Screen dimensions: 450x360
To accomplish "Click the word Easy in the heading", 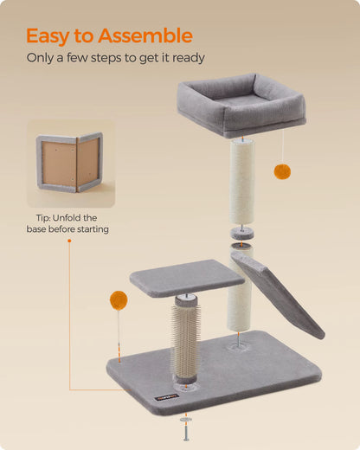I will (x=55, y=36).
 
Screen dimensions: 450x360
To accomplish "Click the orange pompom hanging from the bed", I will (x=282, y=171).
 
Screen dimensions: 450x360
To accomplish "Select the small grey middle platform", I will (x=186, y=278).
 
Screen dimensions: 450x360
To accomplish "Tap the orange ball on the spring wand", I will (x=118, y=301).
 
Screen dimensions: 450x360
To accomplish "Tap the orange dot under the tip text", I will (x=70, y=241).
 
